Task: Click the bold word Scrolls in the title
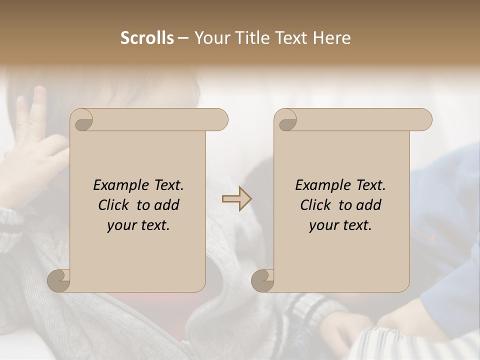tap(147, 38)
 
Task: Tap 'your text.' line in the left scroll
tap(138, 225)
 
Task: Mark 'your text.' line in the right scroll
tap(340, 225)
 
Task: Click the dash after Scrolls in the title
tap(183, 38)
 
